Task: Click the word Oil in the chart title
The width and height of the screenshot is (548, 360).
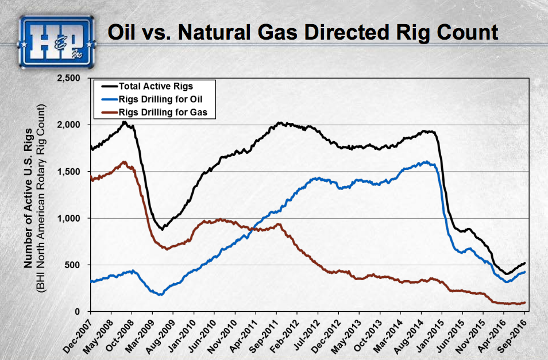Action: click(124, 32)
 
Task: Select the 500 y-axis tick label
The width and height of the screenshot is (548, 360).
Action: click(76, 265)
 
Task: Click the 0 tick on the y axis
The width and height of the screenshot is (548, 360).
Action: click(80, 312)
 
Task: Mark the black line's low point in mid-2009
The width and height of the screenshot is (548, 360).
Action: click(163, 229)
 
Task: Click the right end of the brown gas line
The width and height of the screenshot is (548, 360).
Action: click(524, 303)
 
